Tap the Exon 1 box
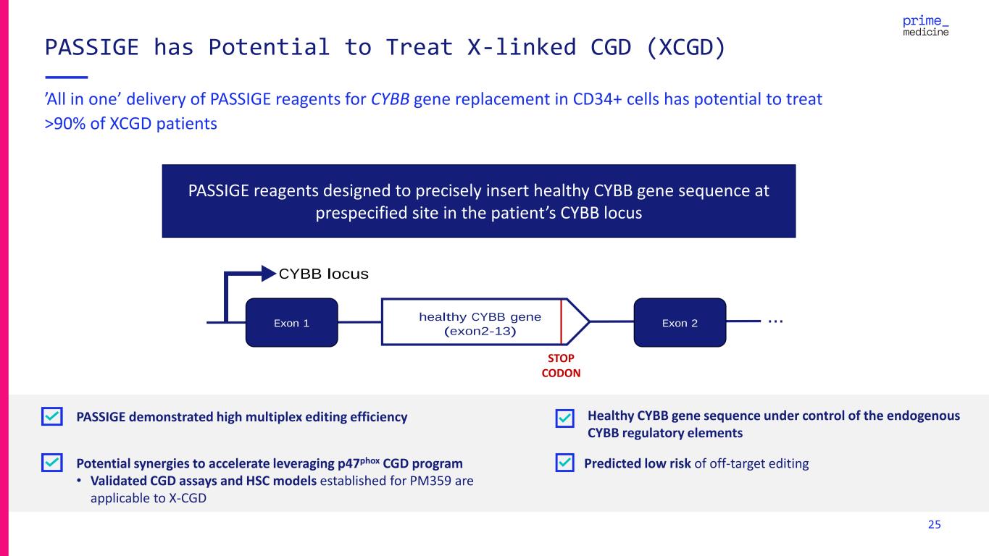(291, 322)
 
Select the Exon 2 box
(680, 322)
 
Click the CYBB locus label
(324, 274)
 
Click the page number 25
(935, 525)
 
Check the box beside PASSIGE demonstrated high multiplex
(52, 417)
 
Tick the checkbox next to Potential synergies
(52, 463)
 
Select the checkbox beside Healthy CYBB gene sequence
(565, 418)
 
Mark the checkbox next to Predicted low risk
(565, 463)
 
